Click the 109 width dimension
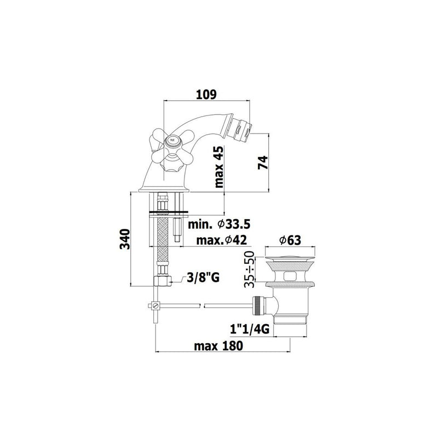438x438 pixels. click(206, 95)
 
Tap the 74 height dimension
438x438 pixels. click(263, 163)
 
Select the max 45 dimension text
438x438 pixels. click(220, 167)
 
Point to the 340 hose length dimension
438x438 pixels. click(125, 239)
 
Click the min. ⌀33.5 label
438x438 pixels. click(219, 224)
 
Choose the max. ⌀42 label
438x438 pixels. click(222, 240)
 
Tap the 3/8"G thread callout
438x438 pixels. click(203, 278)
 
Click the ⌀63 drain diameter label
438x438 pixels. click(290, 240)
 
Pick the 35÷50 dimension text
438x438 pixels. click(249, 269)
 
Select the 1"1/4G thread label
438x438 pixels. click(250, 330)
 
